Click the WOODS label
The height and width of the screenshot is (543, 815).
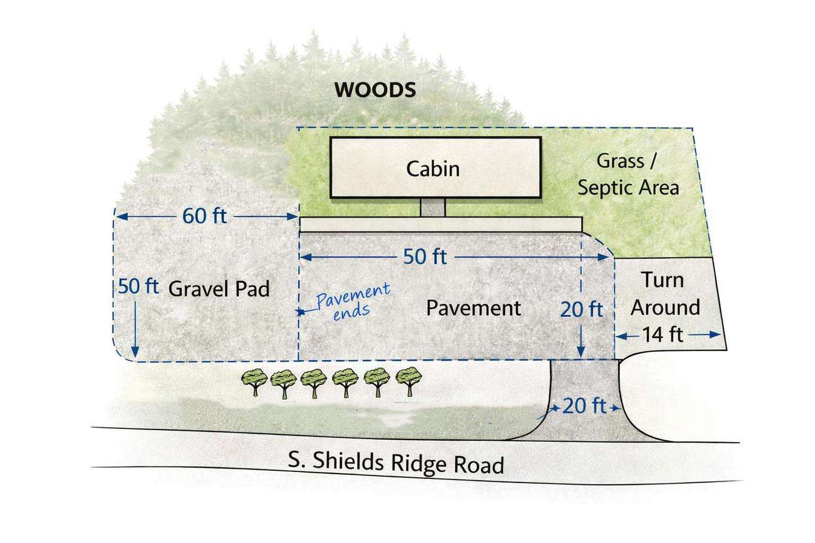tap(375, 90)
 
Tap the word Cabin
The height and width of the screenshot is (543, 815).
tap(433, 169)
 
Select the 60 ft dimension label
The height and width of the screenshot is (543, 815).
tap(205, 216)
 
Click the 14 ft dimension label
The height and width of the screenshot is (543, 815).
tap(662, 334)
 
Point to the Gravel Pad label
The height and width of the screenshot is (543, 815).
tap(219, 289)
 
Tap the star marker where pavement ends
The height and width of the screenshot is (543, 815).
tap(300, 312)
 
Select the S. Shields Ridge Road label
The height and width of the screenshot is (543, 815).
tap(396, 462)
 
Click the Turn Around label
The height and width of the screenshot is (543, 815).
tap(665, 293)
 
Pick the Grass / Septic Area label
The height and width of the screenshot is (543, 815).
tap(629, 175)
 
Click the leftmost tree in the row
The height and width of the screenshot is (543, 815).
tap(255, 382)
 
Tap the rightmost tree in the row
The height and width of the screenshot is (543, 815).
tap(409, 381)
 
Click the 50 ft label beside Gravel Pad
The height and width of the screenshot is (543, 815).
tap(138, 286)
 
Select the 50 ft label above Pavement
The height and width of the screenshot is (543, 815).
tap(425, 257)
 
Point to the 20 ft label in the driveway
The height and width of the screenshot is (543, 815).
tap(584, 406)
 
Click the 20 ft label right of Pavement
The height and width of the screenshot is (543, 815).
tap(582, 310)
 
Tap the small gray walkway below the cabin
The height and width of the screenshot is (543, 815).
tap(433, 207)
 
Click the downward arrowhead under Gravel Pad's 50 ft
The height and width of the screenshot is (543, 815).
tap(135, 351)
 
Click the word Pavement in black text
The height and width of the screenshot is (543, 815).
tap(473, 309)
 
